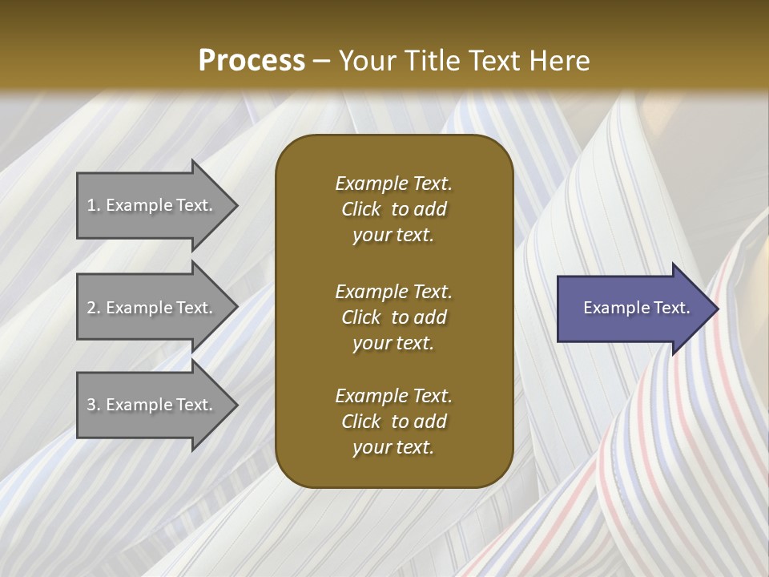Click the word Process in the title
(252, 61)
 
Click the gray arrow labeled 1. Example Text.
(158, 206)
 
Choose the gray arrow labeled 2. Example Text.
(158, 307)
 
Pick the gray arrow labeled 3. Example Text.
(158, 405)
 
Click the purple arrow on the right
(638, 309)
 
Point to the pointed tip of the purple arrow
(719, 309)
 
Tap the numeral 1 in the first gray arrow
(91, 205)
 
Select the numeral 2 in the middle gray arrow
(91, 308)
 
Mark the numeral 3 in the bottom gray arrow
(91, 405)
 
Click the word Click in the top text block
(361, 209)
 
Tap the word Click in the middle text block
(361, 317)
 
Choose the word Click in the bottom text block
(361, 422)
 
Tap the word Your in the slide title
(368, 60)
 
